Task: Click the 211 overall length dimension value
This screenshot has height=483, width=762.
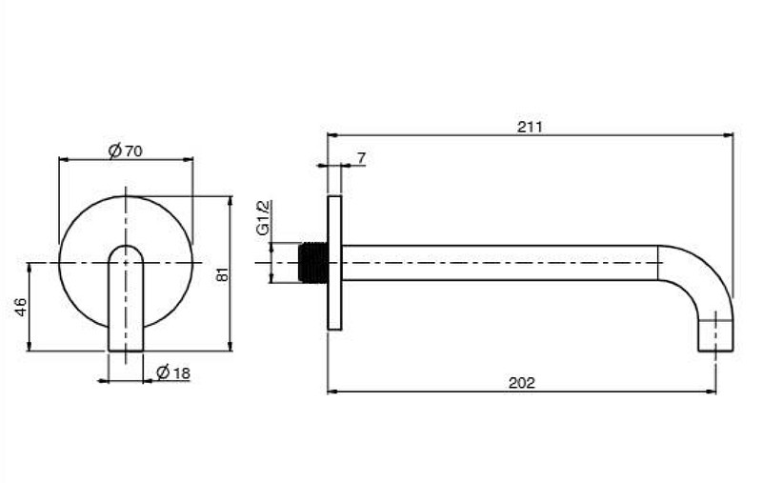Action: click(530, 127)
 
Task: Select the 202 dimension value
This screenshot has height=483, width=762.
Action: click(521, 383)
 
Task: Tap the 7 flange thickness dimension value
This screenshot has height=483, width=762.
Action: click(361, 158)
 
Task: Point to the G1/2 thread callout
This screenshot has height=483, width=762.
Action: click(263, 217)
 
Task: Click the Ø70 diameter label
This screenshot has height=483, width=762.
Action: click(126, 151)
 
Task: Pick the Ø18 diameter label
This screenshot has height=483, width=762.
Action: click(173, 372)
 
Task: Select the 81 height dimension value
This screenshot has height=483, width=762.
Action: click(222, 273)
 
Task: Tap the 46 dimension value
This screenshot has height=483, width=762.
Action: click(21, 307)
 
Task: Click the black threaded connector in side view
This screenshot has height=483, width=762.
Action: click(312, 262)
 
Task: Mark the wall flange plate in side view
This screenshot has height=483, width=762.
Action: click(334, 263)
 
